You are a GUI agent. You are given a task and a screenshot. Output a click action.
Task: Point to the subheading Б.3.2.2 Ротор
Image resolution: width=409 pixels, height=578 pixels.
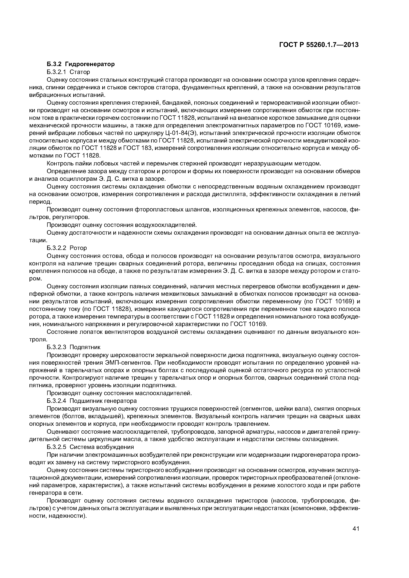coord(67,248)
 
